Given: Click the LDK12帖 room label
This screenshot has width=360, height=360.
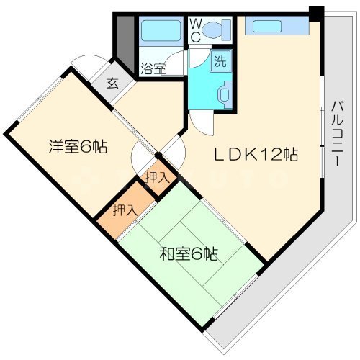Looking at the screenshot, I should (254, 154).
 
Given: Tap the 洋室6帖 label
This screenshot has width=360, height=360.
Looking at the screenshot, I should (78, 147).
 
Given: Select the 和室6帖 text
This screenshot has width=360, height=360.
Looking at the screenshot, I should (189, 253).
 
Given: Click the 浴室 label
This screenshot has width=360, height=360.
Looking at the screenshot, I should (153, 69).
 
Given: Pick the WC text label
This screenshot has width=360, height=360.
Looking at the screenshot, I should (195, 30).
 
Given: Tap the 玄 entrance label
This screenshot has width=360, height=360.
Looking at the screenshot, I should (114, 84).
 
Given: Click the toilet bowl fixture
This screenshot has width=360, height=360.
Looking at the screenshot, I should (215, 30).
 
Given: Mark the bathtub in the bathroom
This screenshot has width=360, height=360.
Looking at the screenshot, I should (161, 31).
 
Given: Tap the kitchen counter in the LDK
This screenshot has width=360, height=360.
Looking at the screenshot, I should (276, 27).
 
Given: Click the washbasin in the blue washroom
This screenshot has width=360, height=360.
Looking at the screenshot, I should (222, 94).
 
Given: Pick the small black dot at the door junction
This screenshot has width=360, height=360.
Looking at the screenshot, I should (157, 154).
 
